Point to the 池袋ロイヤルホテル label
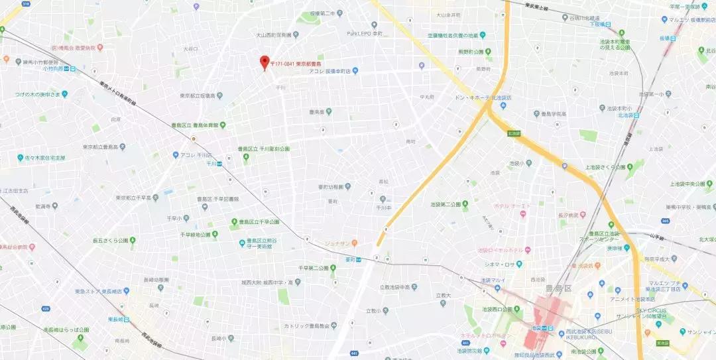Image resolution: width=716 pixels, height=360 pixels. pyautogui.click(x=504, y=251)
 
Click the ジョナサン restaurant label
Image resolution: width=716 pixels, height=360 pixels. pyautogui.click(x=338, y=243)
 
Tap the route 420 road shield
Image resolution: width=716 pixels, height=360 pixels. pyautogui.click(x=45, y=308)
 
